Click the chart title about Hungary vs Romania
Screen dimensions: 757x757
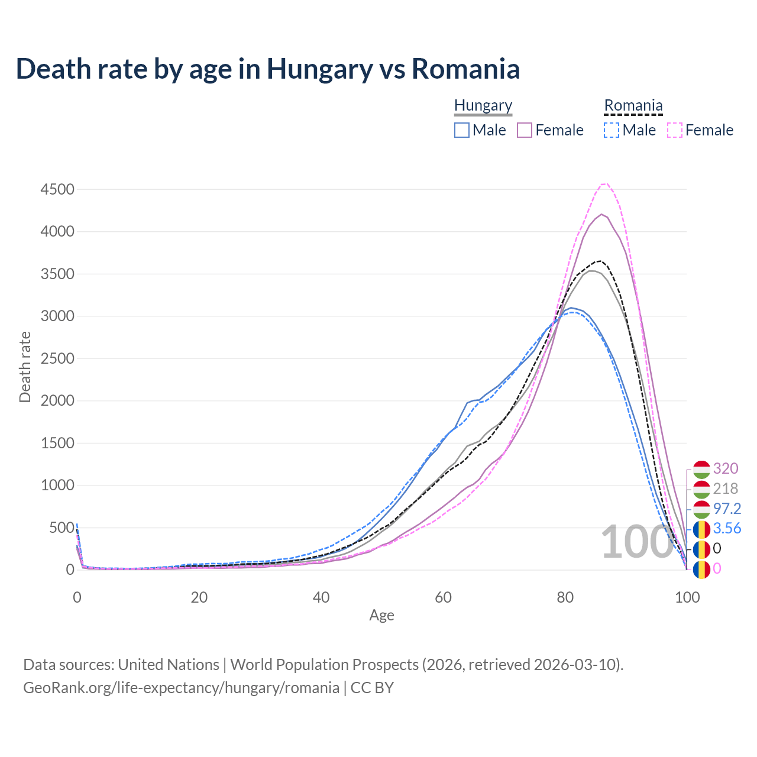coord(268,69)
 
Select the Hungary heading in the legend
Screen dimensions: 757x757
coord(483,105)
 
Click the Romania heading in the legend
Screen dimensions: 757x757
coord(633,105)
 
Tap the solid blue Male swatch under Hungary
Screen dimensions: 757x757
coord(462,130)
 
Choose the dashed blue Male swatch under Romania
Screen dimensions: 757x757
coord(612,130)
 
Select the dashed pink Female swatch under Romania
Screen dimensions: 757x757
coord(675,130)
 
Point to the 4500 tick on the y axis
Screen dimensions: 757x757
coord(57,189)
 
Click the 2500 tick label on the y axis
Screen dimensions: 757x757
coord(57,358)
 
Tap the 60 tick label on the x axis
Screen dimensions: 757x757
coord(443,597)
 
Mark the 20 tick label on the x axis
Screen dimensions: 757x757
coord(199,597)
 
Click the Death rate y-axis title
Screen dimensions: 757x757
coord(25,367)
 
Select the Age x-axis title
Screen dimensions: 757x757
coord(381,616)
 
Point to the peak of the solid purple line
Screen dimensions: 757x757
coord(601,214)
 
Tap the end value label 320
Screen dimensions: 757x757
coord(726,468)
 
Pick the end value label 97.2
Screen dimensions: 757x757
coord(727,509)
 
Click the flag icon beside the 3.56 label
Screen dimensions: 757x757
coord(701,529)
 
